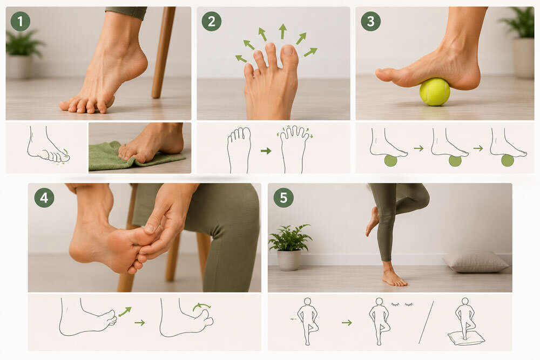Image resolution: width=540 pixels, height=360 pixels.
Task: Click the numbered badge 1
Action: tap(21, 22)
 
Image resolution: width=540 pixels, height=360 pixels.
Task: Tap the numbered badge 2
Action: tap(212, 22)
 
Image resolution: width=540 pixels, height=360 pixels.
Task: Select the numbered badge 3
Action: tap(370, 22)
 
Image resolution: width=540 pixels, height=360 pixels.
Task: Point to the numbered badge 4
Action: tap(44, 198)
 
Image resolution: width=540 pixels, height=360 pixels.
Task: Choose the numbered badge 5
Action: tap(283, 198)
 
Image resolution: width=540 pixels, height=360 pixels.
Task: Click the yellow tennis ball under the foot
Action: tap(435, 92)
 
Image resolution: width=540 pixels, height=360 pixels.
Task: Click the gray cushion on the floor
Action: tap(476, 262)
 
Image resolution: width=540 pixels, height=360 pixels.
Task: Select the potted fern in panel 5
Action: tap(290, 247)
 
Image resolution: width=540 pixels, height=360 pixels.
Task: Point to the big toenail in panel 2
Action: tap(287, 50)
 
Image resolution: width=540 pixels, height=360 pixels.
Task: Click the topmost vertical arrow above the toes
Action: tap(283, 31)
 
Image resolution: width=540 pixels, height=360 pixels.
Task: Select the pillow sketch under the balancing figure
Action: tap(466, 338)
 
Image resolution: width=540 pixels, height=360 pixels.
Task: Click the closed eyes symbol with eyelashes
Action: tap(402, 304)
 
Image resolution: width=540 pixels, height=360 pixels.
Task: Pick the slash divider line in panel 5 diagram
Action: tap(426, 322)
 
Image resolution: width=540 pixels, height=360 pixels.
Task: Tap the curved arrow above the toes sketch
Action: tap(201, 305)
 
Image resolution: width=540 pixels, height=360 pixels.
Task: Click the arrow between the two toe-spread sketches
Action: tap(266, 151)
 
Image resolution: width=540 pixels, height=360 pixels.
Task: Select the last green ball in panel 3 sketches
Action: tap(507, 160)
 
